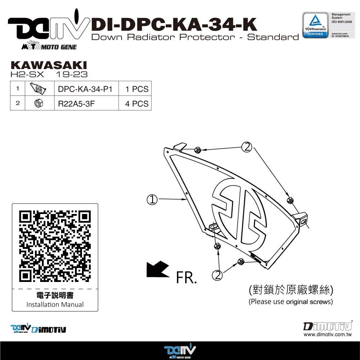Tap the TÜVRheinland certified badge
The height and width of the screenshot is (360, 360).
[315, 25]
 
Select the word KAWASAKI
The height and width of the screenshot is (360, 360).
[49, 65]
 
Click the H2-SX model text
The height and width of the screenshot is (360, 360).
[27, 74]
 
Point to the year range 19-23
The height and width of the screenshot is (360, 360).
[72, 74]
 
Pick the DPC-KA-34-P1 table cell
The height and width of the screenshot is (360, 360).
[85, 89]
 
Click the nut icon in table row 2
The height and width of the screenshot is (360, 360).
[39, 103]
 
